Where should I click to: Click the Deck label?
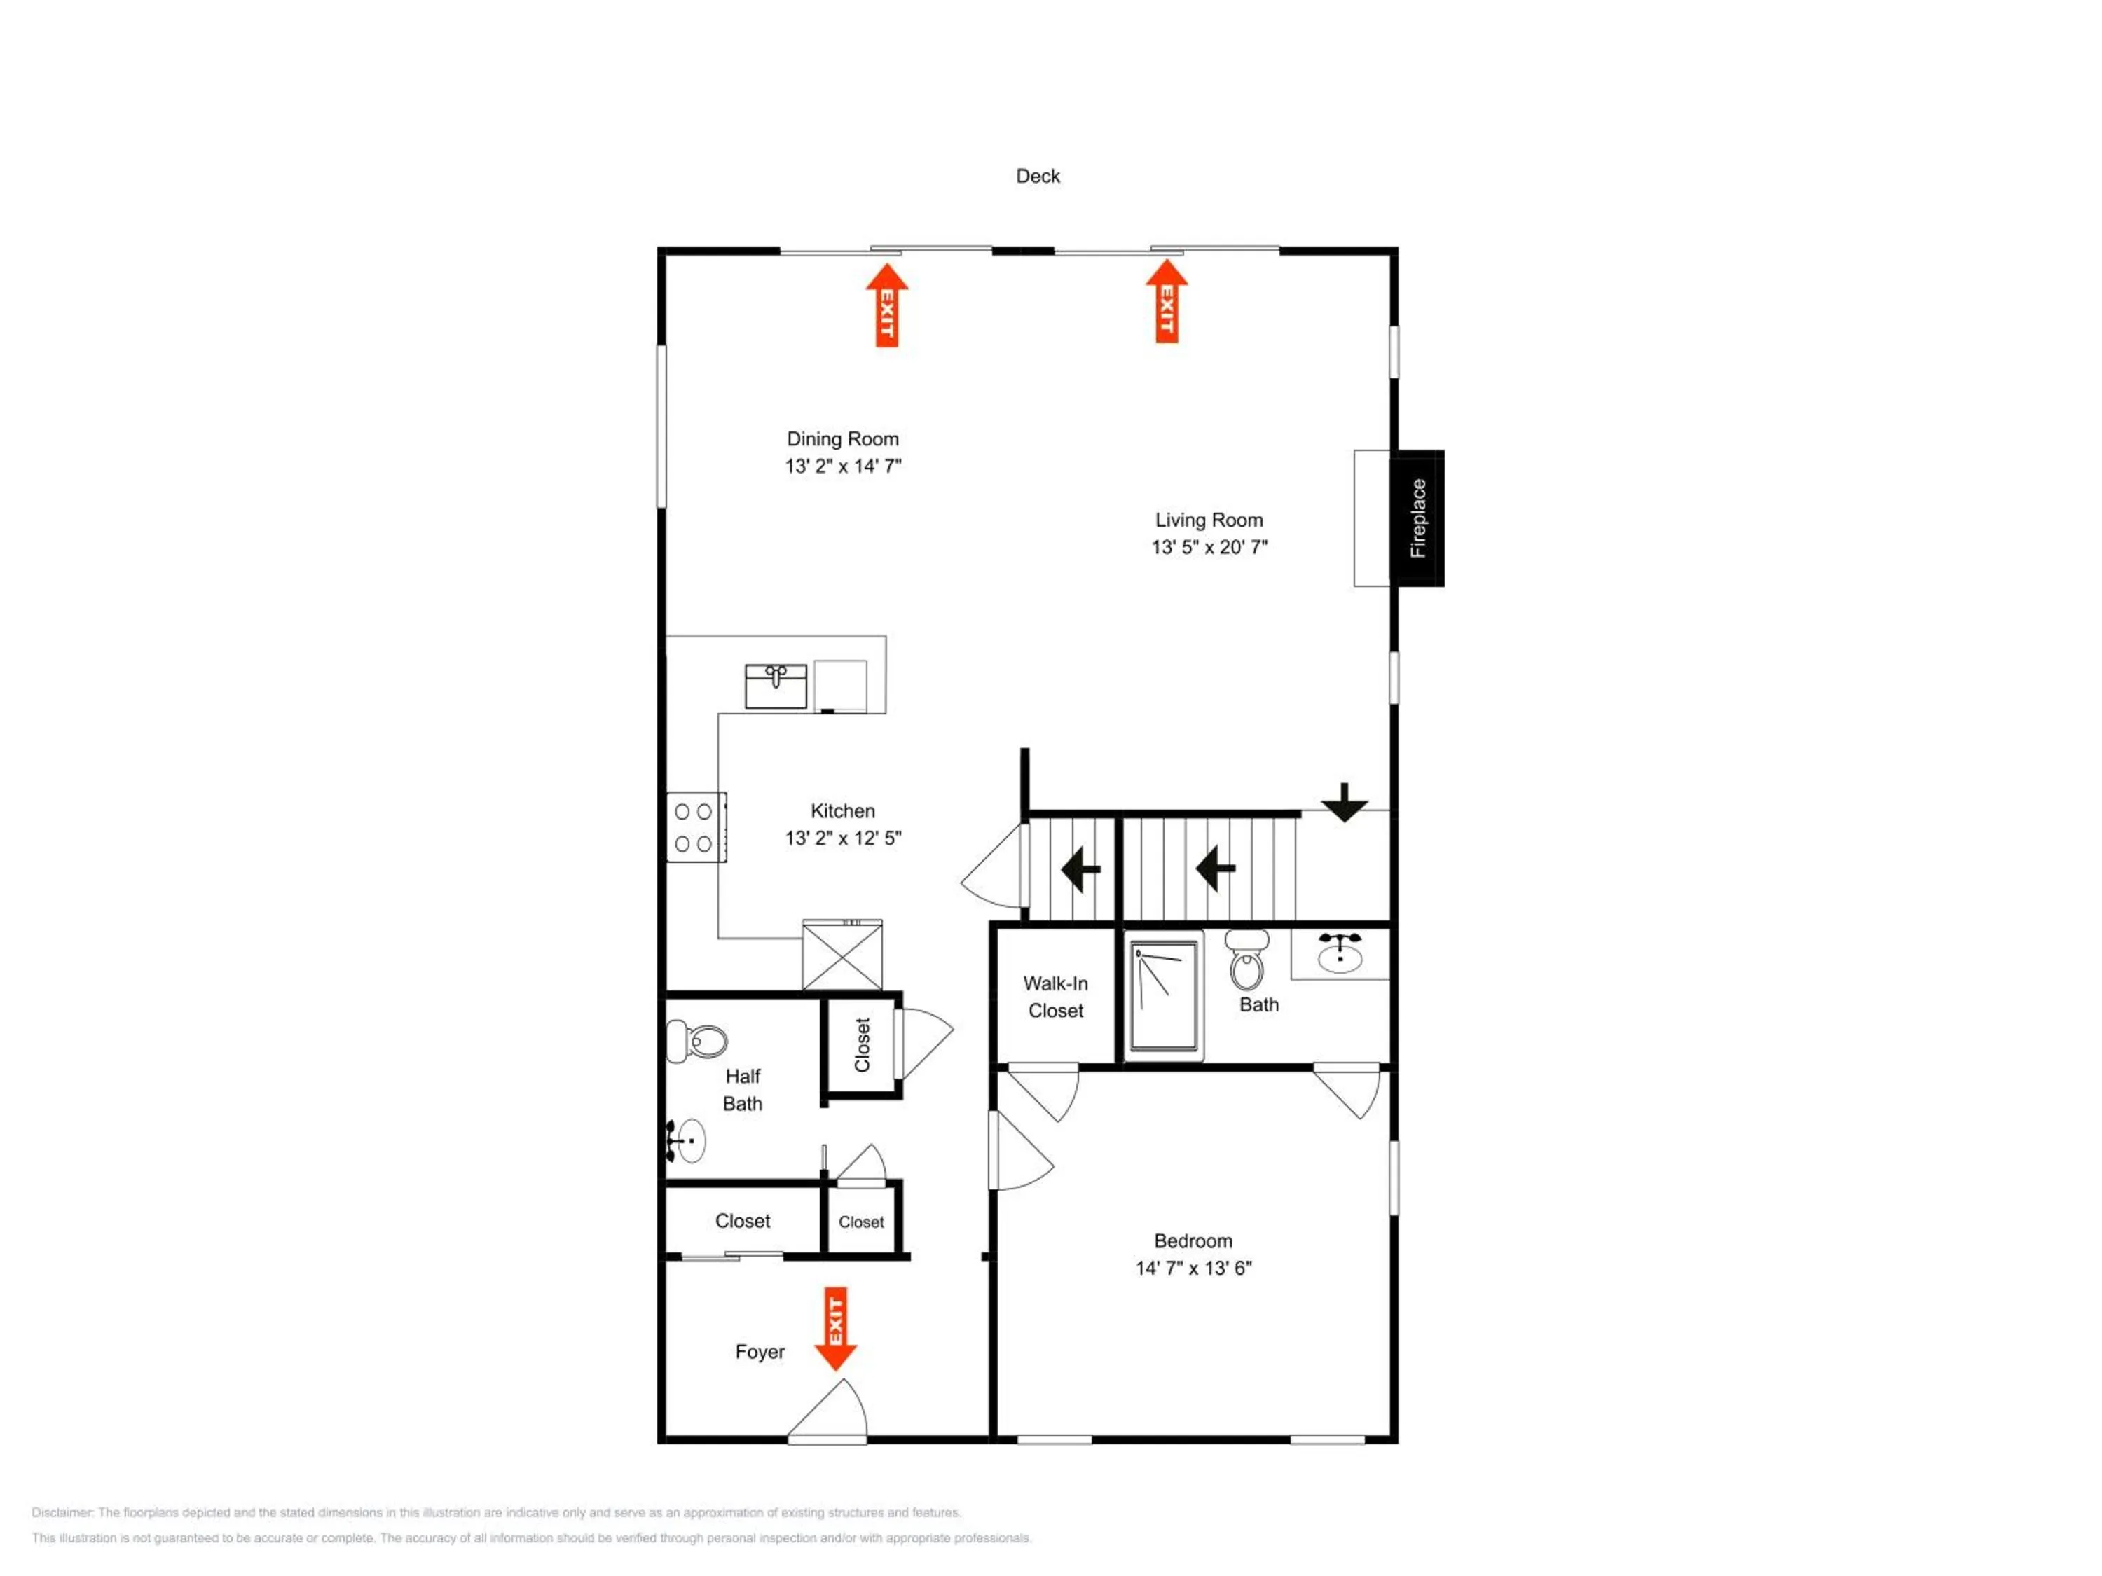coord(1038,176)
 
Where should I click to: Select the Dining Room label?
coord(843,439)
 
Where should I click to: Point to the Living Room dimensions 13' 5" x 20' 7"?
coord(1209,547)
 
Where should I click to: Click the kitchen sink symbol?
coord(776,686)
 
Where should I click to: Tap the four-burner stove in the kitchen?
coord(696,827)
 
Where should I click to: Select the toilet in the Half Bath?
coord(696,1041)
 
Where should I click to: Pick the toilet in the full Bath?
coord(1246,960)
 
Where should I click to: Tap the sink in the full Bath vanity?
coord(1340,953)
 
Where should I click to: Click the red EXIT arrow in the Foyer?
coord(836,1329)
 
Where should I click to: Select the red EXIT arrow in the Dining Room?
coord(886,305)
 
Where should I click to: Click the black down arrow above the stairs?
coord(1345,803)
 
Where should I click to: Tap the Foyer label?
coord(760,1352)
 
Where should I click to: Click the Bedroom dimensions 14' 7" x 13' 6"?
coord(1193,1269)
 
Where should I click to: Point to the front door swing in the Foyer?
coord(827,1411)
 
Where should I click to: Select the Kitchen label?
coord(843,811)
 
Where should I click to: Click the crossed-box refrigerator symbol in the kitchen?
coord(842,955)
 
